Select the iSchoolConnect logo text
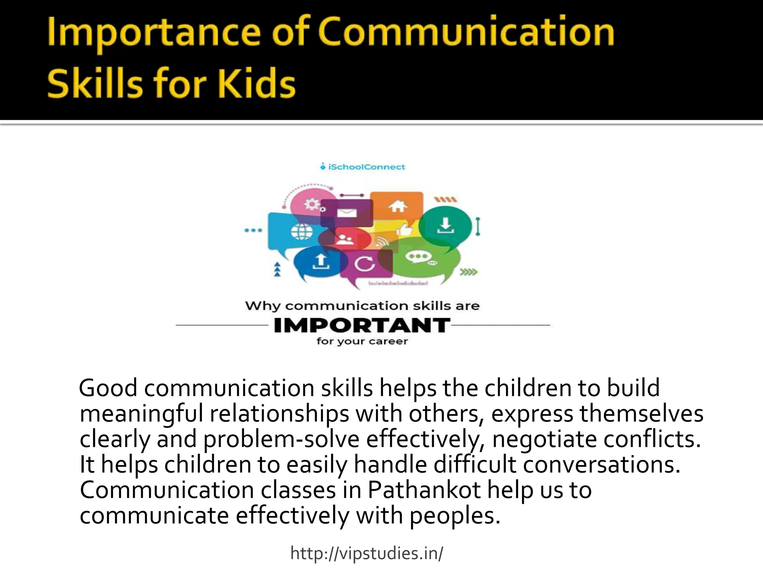(x=366, y=167)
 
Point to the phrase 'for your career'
(x=362, y=341)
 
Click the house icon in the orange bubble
(x=398, y=206)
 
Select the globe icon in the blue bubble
(x=302, y=232)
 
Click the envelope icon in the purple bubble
(x=347, y=213)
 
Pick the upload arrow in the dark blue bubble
(x=321, y=262)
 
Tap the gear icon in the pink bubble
(x=310, y=205)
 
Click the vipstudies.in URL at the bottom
(x=367, y=553)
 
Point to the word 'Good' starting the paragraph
(x=108, y=388)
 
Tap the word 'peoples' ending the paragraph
(x=455, y=516)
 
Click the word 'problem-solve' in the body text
(x=281, y=439)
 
